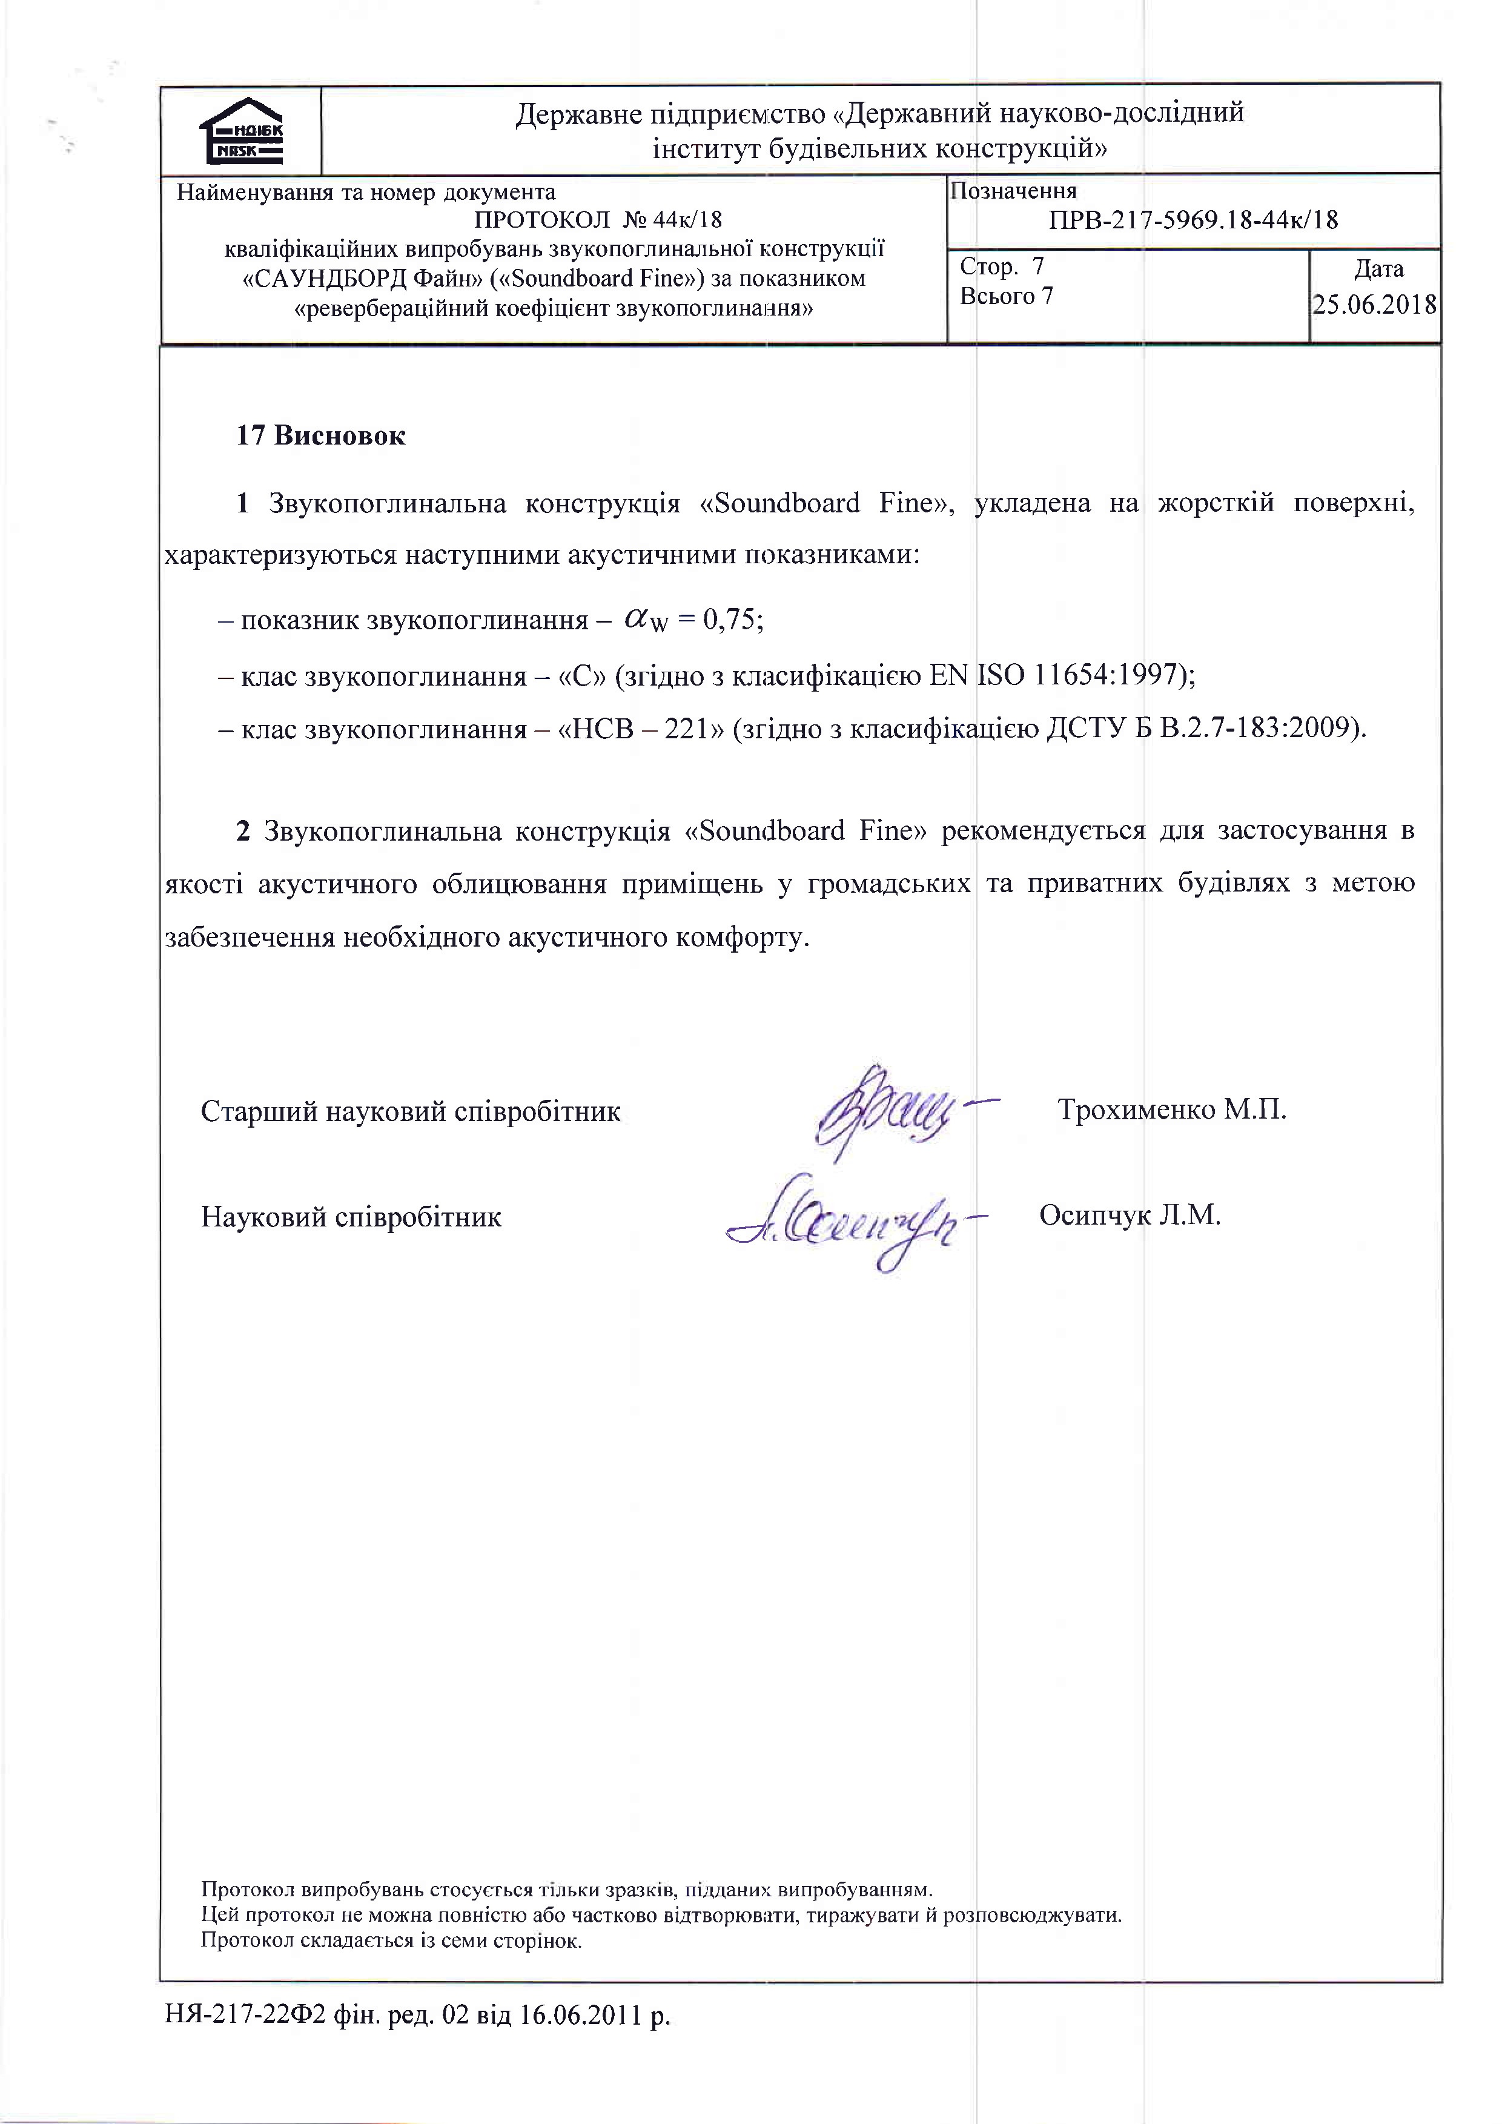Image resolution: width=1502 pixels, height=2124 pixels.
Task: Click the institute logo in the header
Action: tap(242, 131)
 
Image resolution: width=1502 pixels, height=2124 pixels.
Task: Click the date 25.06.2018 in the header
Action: tap(1374, 305)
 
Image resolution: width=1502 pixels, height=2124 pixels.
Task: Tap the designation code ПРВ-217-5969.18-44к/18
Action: tap(1193, 220)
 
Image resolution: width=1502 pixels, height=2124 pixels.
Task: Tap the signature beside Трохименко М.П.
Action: tap(893, 1110)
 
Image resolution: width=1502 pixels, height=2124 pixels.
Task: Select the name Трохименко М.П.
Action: tap(1172, 1109)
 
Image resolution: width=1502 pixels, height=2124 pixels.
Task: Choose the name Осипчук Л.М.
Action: tap(1130, 1215)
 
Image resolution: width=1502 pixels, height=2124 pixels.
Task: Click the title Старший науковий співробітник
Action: tap(411, 1111)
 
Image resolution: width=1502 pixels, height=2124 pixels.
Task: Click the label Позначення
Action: tap(1014, 191)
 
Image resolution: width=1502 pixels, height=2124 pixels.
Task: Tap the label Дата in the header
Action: tap(1378, 269)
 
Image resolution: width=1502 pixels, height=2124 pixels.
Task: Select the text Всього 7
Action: tap(1006, 296)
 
